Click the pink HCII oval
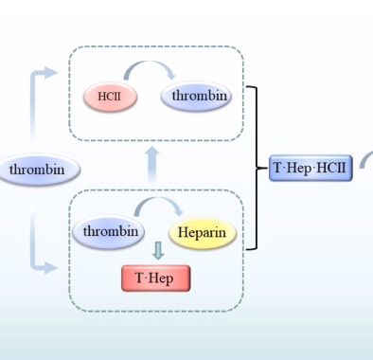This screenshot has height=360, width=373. [x=111, y=97]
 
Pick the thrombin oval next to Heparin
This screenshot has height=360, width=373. [x=111, y=232]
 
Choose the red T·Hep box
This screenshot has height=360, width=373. [x=155, y=279]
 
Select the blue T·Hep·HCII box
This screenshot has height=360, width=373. [x=310, y=169]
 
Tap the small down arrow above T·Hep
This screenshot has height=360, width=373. [x=158, y=250]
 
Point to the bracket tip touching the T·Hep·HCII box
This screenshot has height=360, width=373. [x=262, y=169]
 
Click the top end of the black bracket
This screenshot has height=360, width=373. [x=248, y=88]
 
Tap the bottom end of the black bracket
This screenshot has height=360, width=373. [x=248, y=249]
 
